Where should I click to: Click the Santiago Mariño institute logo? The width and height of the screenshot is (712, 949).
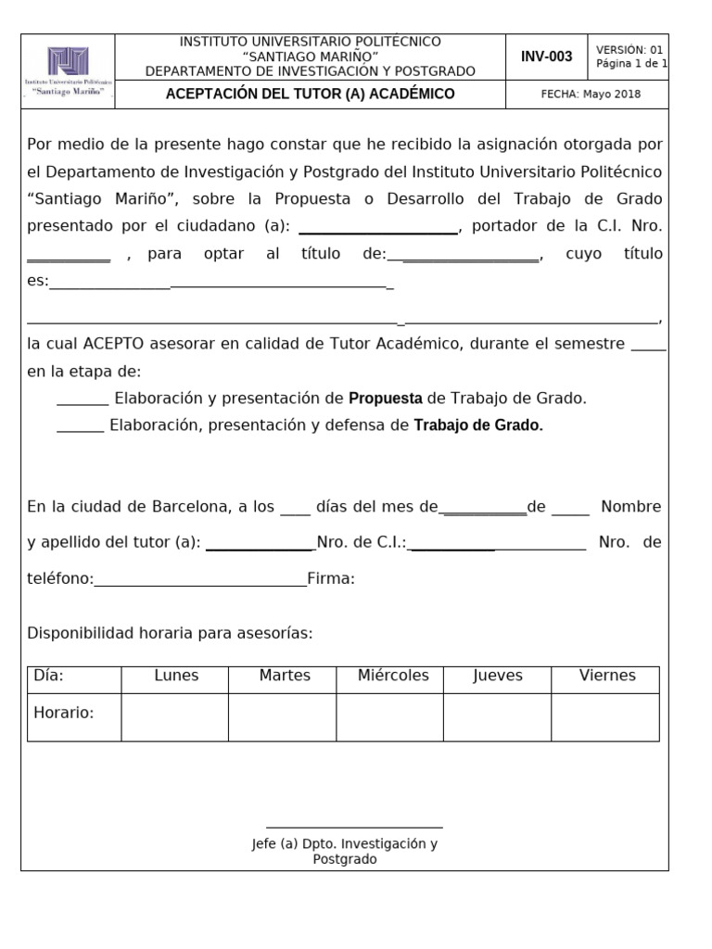(68, 70)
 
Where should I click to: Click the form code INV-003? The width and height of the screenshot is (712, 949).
(546, 57)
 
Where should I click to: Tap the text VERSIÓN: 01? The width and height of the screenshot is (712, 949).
(629, 50)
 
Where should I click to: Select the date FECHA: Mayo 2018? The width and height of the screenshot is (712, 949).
(591, 94)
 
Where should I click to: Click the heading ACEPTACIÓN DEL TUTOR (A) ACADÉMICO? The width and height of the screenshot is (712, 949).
(310, 94)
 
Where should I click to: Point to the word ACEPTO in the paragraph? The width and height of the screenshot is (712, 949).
(112, 344)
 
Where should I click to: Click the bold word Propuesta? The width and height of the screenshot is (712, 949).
(385, 399)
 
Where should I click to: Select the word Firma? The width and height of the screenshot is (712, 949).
(331, 579)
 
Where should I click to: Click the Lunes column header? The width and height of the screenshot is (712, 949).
(176, 676)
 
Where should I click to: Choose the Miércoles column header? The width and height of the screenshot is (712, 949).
(393, 676)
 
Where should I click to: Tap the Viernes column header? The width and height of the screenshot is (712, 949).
(607, 676)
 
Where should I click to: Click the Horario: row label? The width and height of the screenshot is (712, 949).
(64, 713)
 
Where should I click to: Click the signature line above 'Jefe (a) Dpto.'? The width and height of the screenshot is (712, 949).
(354, 826)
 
